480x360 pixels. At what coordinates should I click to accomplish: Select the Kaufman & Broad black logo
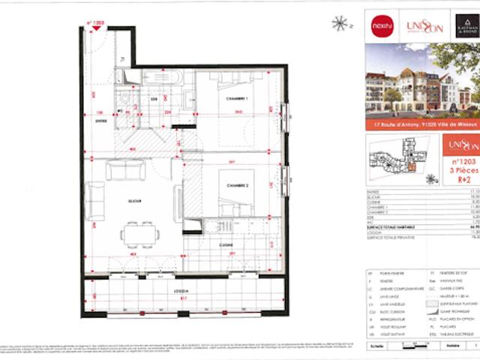click(459, 25)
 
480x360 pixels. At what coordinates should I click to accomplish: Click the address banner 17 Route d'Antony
click(422, 125)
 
